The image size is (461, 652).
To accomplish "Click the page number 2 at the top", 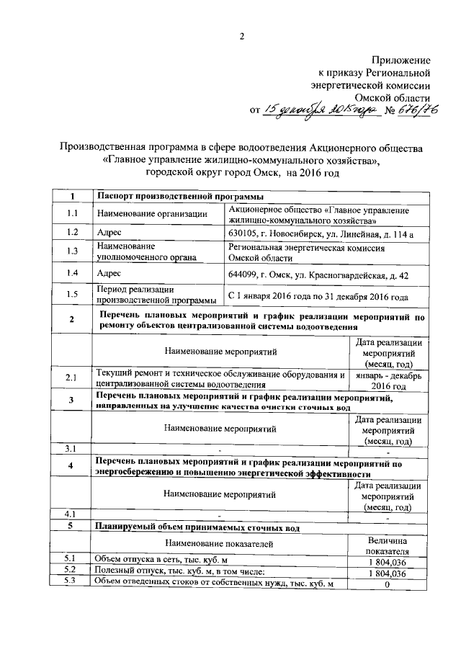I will pyautogui.click(x=242, y=37).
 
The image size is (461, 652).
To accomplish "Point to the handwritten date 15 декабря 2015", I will pyautogui.click(x=317, y=110).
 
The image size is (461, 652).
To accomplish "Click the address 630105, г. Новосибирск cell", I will pyautogui.click(x=320, y=233).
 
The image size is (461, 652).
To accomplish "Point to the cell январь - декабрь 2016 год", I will pyautogui.click(x=388, y=381).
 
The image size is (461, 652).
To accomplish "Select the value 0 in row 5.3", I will pyautogui.click(x=388, y=584).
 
